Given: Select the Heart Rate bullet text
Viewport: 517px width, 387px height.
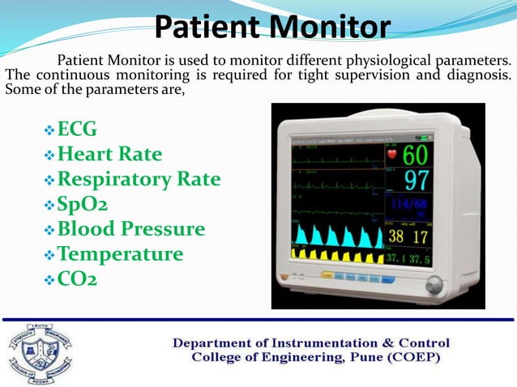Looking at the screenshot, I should (x=110, y=154).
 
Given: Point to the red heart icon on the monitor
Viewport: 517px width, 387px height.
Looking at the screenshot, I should (x=393, y=153).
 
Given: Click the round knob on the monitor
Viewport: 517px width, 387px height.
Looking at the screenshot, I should (x=434, y=284).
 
